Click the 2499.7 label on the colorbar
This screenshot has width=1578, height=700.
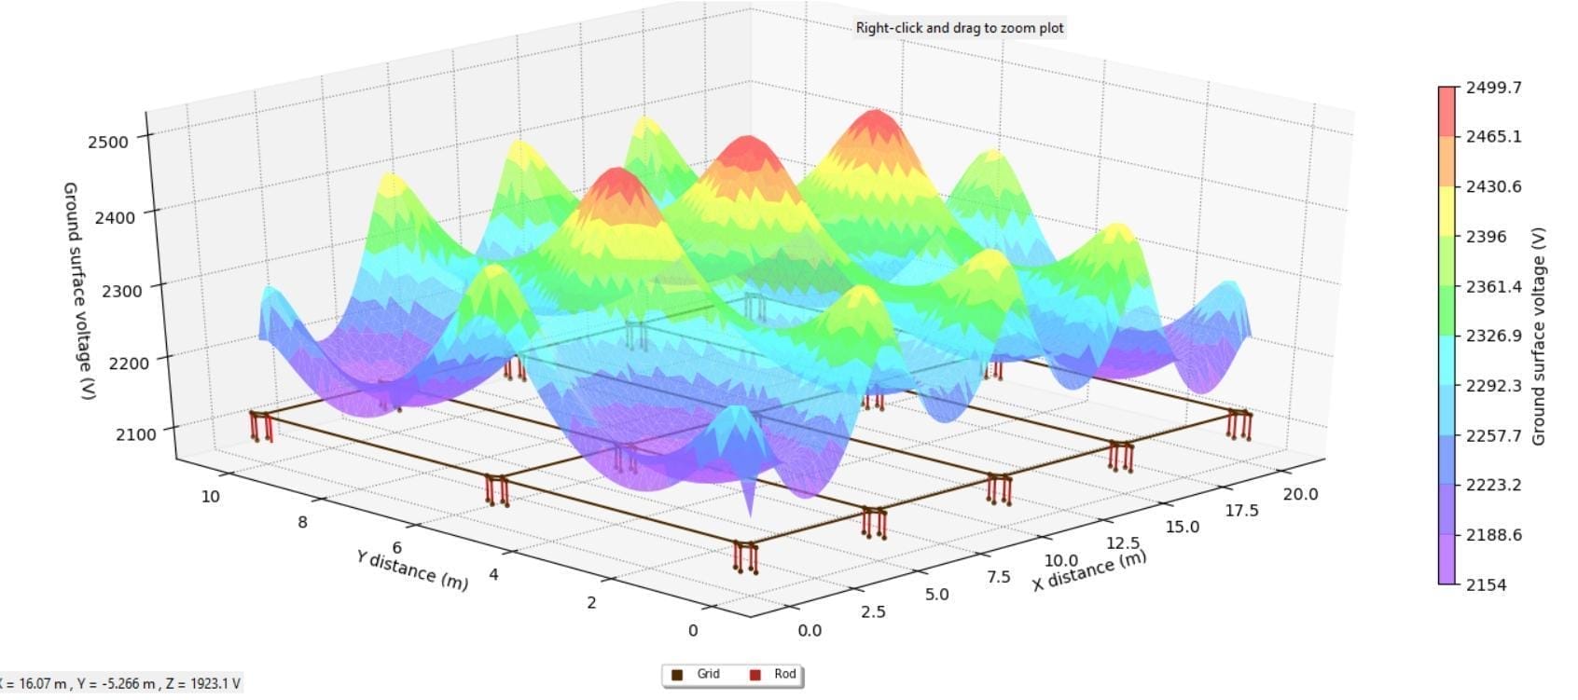pyautogui.click(x=1493, y=88)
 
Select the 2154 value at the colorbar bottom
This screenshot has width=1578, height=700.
pyautogui.click(x=1486, y=584)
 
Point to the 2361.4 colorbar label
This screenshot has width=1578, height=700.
pyautogui.click(x=1493, y=286)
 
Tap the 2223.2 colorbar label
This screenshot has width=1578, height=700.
pyautogui.click(x=1493, y=485)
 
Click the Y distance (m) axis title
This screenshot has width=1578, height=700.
pyautogui.click(x=411, y=570)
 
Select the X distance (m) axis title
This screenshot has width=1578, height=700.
pyautogui.click(x=1088, y=570)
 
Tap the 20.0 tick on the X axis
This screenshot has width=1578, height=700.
pyautogui.click(x=1300, y=494)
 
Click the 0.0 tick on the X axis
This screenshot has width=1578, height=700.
pyautogui.click(x=810, y=630)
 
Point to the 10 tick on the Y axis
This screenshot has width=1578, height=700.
pyautogui.click(x=211, y=496)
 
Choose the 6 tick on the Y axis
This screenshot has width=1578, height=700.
pyautogui.click(x=397, y=548)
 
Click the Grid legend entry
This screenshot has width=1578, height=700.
pyautogui.click(x=698, y=674)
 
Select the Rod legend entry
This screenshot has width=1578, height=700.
pyautogui.click(x=774, y=674)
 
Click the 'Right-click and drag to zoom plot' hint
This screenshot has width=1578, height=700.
pyautogui.click(x=960, y=28)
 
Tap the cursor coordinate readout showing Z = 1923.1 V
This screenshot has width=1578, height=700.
pyautogui.click(x=121, y=683)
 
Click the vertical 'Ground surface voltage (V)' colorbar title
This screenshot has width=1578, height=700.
pyautogui.click(x=1538, y=336)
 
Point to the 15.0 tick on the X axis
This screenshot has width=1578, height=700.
pyautogui.click(x=1182, y=527)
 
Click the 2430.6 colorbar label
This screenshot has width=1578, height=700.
pyautogui.click(x=1493, y=186)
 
